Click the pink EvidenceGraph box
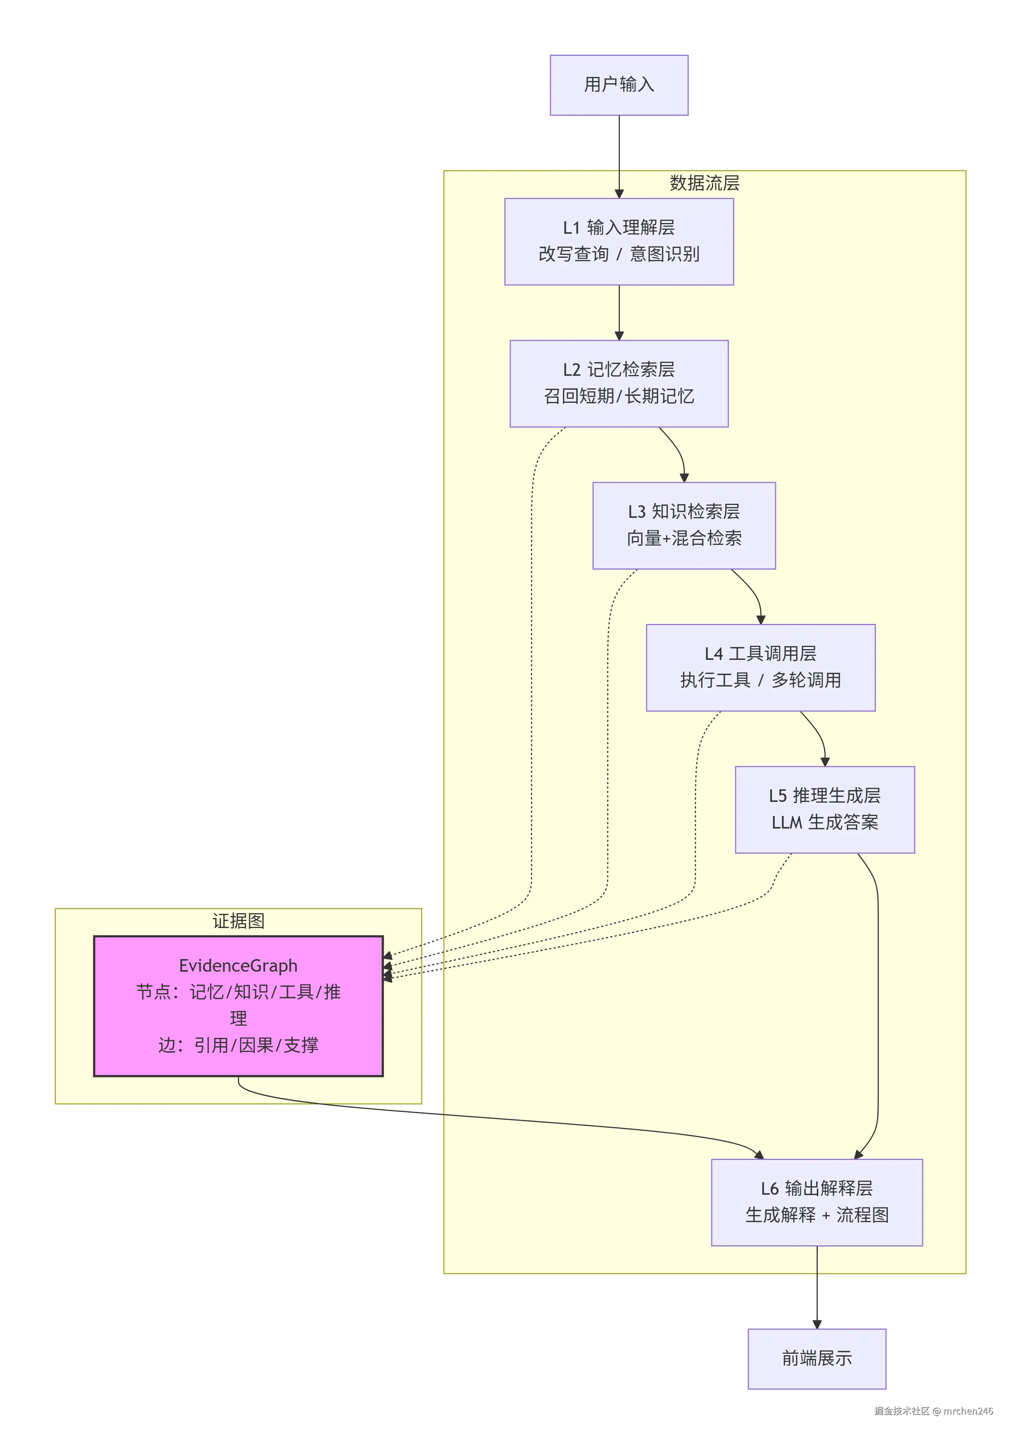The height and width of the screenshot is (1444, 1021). tap(238, 1006)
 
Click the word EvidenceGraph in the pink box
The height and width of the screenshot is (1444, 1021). tap(238, 965)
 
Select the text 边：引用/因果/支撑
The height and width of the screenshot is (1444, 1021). tap(238, 1045)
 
